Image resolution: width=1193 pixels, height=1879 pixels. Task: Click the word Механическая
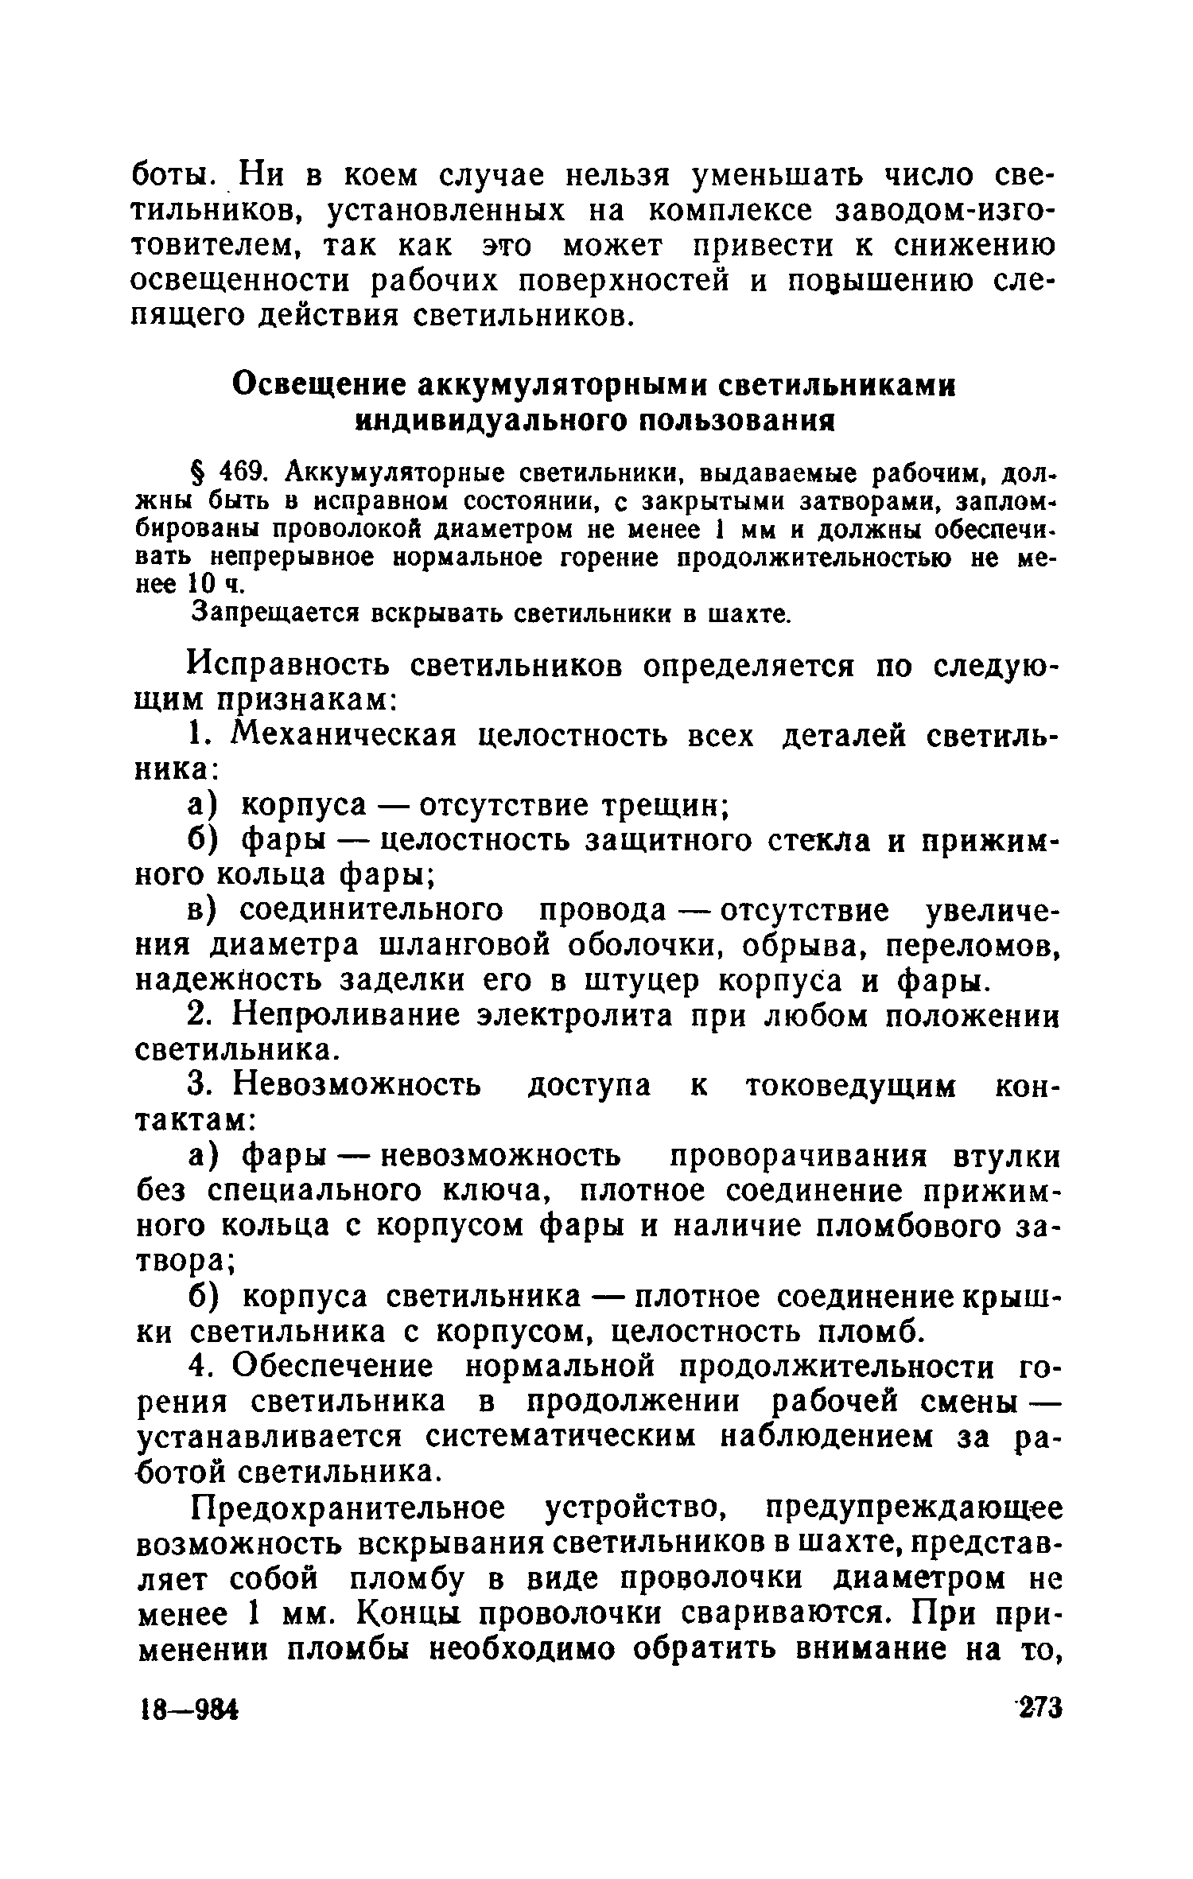click(x=344, y=736)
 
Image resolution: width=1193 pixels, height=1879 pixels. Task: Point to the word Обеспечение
click(x=336, y=1367)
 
